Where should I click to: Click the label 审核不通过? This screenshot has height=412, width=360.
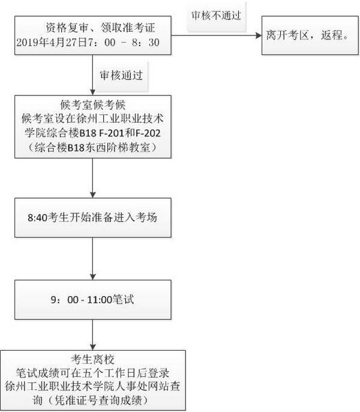pyautogui.click(x=216, y=16)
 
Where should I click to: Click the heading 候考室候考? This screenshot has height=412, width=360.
pyautogui.click(x=92, y=103)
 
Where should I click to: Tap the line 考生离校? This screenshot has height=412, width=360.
pyautogui.click(x=92, y=359)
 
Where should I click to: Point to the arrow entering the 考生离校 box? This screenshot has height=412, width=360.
pyautogui.click(x=92, y=340)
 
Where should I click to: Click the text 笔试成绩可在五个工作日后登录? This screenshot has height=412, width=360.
pyautogui.click(x=92, y=372)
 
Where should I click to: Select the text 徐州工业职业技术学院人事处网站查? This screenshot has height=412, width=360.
pyautogui.click(x=92, y=386)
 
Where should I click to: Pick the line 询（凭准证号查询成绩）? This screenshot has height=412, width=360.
pyautogui.click(x=92, y=399)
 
